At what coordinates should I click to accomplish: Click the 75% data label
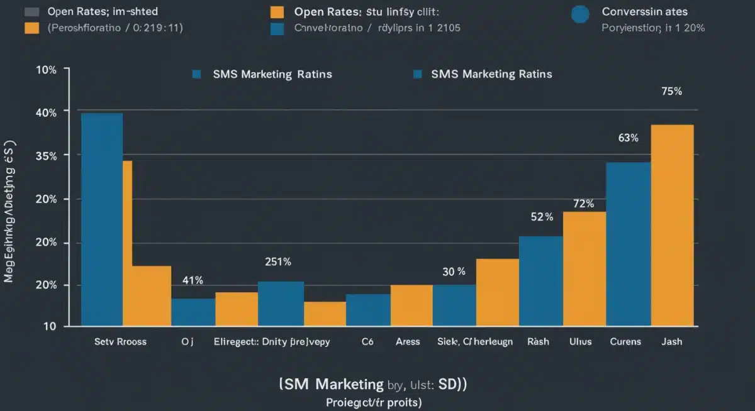pyautogui.click(x=671, y=91)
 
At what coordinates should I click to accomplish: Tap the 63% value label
pyautogui.click(x=628, y=138)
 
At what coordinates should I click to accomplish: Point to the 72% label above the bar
pyautogui.click(x=584, y=204)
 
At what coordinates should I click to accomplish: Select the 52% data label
pyautogui.click(x=542, y=217)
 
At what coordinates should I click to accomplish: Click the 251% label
pyautogui.click(x=277, y=262)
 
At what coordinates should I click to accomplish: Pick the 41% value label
pyautogui.click(x=193, y=280)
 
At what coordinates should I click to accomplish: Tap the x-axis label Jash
pyautogui.click(x=672, y=342)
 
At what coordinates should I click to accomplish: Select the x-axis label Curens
pyautogui.click(x=625, y=342)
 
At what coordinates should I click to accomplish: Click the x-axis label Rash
pyautogui.click(x=538, y=342)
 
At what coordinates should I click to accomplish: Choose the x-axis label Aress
pyautogui.click(x=408, y=342)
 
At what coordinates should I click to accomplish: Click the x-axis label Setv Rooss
pyautogui.click(x=120, y=342)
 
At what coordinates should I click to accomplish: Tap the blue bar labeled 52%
pyautogui.click(x=540, y=281)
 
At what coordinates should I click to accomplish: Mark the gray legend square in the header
pyautogui.click(x=31, y=12)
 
